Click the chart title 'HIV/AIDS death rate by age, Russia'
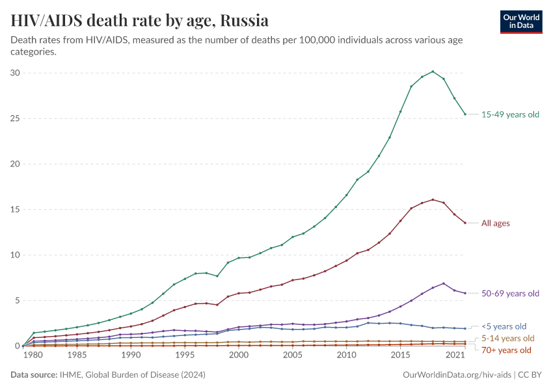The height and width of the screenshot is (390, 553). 140,20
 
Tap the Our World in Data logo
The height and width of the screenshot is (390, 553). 521,21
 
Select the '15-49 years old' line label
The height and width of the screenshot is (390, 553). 510,114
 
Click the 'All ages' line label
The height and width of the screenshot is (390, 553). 496,223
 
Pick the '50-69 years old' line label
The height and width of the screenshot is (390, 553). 510,293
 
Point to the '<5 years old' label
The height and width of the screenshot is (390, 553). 504,326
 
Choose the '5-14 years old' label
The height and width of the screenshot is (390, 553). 507,338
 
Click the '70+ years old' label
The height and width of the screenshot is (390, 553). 507,350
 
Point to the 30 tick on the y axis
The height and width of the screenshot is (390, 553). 14,73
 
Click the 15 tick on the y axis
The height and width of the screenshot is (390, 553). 14,209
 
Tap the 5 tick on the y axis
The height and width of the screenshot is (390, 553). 16,300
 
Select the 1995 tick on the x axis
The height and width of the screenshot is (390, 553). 185,356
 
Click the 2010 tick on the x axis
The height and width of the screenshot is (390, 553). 346,356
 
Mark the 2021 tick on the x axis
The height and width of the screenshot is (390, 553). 455,356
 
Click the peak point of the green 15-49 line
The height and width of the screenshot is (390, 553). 433,71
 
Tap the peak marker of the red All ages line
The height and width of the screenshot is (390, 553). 433,200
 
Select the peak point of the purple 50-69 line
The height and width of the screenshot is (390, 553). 444,283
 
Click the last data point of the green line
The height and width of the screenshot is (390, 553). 465,114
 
